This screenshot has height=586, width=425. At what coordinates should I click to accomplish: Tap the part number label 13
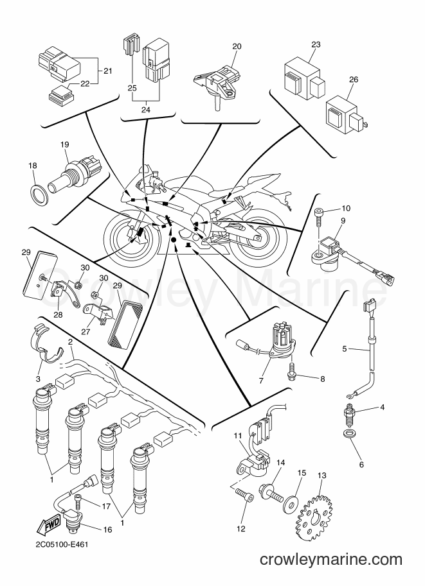tap(321, 476)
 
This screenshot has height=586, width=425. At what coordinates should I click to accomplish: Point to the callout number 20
tap(237, 46)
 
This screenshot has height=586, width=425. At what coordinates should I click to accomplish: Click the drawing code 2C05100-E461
tap(62, 544)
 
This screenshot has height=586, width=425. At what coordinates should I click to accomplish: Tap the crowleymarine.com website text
tap(331, 560)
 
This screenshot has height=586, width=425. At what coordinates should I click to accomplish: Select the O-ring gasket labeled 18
tap(39, 193)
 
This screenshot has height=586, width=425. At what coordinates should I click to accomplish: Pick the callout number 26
tap(354, 79)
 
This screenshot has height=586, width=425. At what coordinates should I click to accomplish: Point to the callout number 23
tap(316, 44)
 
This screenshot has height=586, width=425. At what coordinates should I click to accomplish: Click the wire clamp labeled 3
tap(45, 343)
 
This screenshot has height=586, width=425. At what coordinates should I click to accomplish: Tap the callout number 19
tap(65, 144)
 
